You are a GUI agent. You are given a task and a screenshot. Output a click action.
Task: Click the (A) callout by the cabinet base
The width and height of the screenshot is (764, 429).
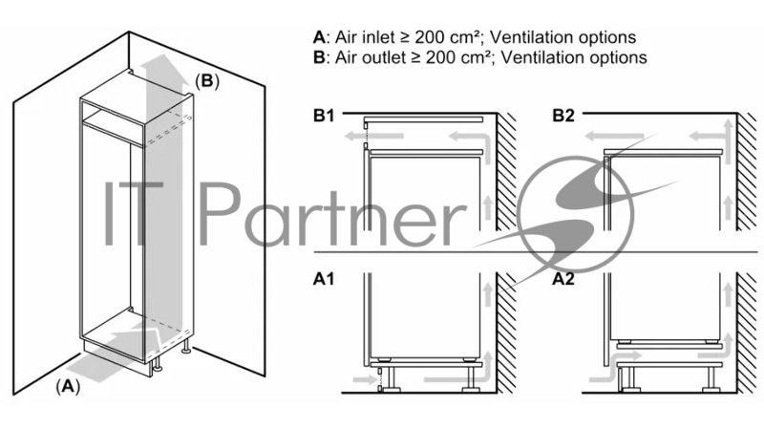click(x=66, y=387)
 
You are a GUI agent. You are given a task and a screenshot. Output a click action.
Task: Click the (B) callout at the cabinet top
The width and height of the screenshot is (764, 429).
click(x=207, y=81)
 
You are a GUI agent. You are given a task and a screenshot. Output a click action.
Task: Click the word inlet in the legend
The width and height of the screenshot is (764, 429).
click(x=379, y=38)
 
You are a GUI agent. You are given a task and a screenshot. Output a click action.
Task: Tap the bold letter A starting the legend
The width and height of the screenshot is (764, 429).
click(x=319, y=38)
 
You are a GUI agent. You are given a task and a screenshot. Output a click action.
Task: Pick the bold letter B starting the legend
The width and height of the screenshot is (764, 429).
click(x=319, y=57)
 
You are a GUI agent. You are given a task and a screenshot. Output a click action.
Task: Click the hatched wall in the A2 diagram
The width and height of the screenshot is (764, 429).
click(x=746, y=334)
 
